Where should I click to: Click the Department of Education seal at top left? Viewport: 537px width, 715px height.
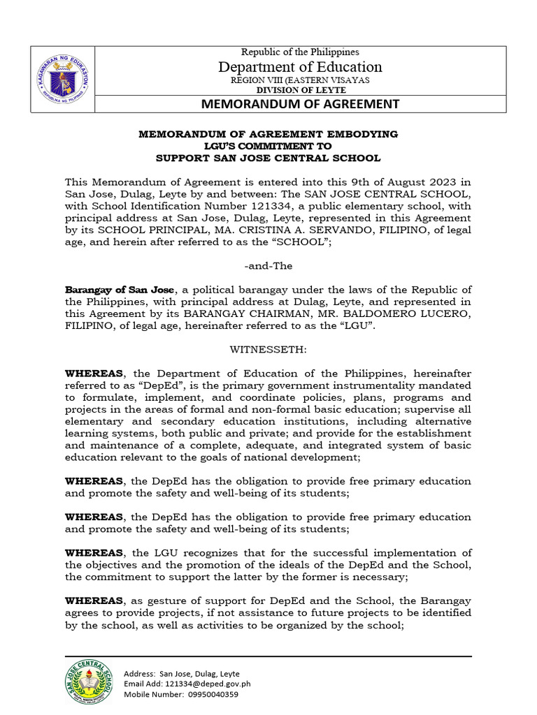pos(62,80)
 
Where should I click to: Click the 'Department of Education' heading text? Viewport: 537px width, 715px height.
pos(300,66)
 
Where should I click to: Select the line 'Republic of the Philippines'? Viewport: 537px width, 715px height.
pos(300,52)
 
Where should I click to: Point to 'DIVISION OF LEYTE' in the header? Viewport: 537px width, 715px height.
pos(300,90)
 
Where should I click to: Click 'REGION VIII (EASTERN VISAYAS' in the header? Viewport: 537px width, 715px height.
pos(300,80)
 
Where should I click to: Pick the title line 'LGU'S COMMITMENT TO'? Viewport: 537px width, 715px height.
pos(268,146)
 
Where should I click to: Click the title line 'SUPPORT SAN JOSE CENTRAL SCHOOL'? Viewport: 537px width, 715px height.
pos(268,158)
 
